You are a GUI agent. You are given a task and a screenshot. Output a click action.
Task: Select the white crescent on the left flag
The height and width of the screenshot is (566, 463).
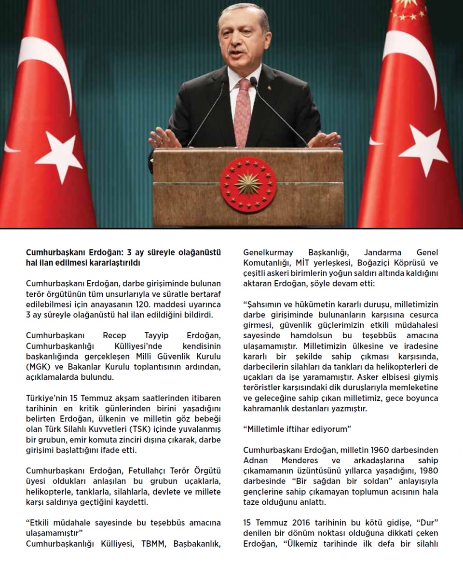[46, 68]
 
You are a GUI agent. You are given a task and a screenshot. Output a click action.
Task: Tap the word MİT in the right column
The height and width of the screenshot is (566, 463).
[307, 263]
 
